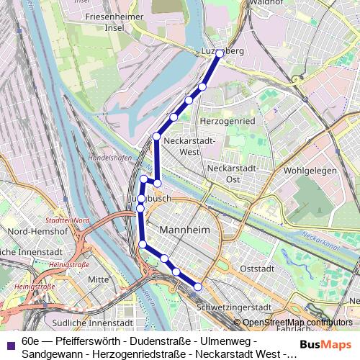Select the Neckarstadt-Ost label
(x=233, y=173)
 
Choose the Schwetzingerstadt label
(x=233, y=307)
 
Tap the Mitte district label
(x=98, y=279)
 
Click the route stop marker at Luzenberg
(x=220, y=54)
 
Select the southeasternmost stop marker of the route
(x=198, y=287)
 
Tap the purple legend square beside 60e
(x=10, y=336)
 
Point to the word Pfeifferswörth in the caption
(x=86, y=336)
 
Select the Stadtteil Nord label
(x=66, y=220)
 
